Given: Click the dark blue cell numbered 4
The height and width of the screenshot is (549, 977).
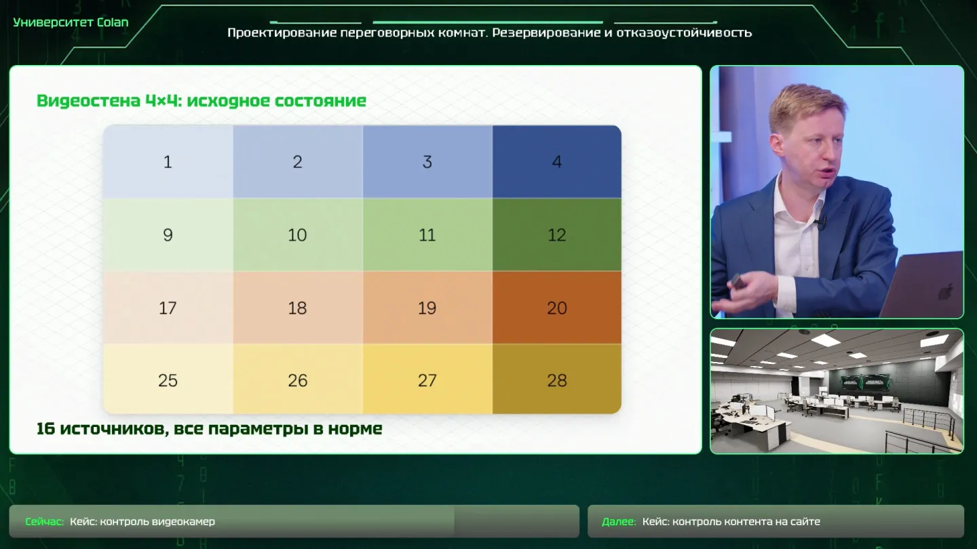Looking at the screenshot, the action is coord(557,161).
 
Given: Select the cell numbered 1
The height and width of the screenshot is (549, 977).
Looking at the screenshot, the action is coord(168,161).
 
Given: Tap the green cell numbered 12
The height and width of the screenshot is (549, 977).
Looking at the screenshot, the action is coord(557,235).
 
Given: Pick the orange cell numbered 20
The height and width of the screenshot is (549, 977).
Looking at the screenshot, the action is coord(557,308).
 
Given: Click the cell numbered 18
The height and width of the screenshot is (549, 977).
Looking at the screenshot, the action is coord(297,308).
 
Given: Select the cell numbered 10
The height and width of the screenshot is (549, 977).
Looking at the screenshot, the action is coord(297,235).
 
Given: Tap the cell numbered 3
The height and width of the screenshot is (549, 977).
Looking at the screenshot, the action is coord(427,161).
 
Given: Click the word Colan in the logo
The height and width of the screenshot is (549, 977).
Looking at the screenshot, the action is coord(113,22).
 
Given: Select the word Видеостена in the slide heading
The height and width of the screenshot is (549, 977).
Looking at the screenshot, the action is coord(88,100).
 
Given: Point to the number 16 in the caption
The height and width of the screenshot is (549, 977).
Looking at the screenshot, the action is coord(45,429).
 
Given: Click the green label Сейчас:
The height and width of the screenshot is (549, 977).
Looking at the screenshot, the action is coord(45,522).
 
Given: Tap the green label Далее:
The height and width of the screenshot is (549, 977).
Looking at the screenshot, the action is coord(619,522).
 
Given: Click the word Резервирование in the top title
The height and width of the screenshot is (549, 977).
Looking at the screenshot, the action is coord(547,33).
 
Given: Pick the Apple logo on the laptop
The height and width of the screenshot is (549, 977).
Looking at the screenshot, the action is coord(945,291).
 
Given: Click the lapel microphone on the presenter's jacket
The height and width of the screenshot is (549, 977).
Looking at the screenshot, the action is coord(821,222).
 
